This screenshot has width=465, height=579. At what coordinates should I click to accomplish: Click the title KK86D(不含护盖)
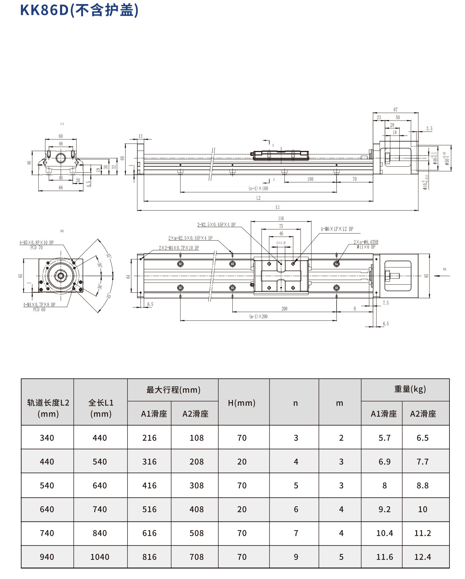(x=79, y=10)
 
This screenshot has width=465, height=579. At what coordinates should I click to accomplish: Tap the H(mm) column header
(x=242, y=403)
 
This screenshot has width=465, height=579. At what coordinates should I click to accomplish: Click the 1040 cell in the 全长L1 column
(x=100, y=557)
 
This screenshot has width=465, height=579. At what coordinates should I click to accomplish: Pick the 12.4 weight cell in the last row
(x=423, y=557)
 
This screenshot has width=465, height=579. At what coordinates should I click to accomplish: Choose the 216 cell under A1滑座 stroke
(x=149, y=438)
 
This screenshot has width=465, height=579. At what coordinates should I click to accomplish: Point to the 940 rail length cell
(x=47, y=557)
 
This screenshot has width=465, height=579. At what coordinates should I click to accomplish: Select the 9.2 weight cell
(x=384, y=509)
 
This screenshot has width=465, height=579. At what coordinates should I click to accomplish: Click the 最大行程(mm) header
(x=173, y=390)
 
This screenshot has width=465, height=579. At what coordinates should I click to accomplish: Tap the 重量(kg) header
(x=410, y=389)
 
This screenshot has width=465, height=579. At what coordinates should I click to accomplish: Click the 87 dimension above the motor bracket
(x=395, y=110)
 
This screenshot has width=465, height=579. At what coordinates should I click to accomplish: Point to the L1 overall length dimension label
(x=277, y=207)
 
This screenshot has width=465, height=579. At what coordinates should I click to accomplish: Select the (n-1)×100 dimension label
(x=258, y=188)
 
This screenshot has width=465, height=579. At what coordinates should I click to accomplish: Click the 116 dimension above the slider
(x=281, y=219)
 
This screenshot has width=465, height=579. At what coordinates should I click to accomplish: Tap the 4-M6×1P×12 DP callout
(x=337, y=229)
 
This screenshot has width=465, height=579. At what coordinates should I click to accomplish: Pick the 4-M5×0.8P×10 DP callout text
(x=36, y=243)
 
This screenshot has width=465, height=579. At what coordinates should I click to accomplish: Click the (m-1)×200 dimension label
(x=258, y=317)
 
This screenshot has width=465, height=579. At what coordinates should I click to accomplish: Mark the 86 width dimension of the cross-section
(x=61, y=188)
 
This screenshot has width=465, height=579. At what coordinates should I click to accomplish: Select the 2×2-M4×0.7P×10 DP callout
(x=179, y=248)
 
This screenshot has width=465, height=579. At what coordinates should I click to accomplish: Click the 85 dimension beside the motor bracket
(x=426, y=276)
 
